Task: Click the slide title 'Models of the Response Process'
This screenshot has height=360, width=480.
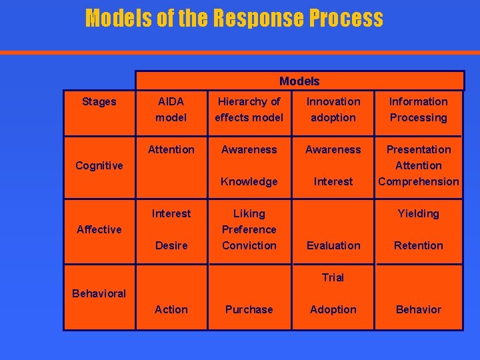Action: (x=234, y=18)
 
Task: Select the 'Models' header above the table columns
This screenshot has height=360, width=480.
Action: (x=299, y=81)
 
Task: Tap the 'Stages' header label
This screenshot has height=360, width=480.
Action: (x=99, y=101)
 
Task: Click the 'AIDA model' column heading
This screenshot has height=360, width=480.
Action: (x=171, y=109)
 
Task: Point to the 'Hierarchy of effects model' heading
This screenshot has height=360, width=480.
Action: (x=249, y=109)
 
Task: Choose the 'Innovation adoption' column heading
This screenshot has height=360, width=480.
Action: (x=333, y=109)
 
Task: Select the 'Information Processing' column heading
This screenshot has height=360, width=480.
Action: (x=418, y=109)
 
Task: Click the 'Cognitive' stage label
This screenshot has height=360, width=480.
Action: (x=99, y=165)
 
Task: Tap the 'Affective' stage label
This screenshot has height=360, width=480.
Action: (x=99, y=229)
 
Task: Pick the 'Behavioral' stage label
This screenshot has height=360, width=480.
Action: (x=99, y=293)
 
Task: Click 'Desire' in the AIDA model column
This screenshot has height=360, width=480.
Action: (x=171, y=245)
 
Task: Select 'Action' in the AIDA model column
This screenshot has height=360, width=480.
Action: (x=171, y=309)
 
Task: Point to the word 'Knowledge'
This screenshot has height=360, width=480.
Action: (x=249, y=181)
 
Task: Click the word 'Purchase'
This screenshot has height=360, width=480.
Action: (x=249, y=309)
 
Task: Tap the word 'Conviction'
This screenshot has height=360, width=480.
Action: (x=249, y=245)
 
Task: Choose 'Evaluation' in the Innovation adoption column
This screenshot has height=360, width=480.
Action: (x=333, y=245)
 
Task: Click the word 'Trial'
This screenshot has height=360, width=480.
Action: (x=333, y=277)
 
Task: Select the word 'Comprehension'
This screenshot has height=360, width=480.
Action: (x=418, y=181)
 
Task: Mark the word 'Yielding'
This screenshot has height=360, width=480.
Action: (x=418, y=213)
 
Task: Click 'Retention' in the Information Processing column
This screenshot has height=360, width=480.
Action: (x=418, y=245)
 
